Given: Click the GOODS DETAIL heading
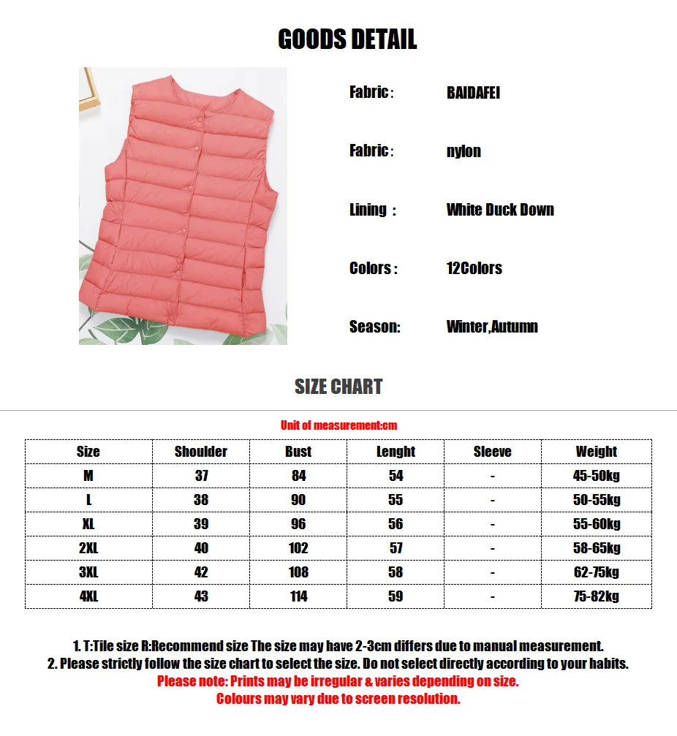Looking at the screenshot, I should [347, 39].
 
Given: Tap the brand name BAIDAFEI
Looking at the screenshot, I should [473, 93].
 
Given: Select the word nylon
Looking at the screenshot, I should [464, 151].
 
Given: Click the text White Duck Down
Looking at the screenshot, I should [500, 210].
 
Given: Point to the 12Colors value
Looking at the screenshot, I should [474, 268].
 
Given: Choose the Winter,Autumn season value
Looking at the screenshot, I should [492, 327].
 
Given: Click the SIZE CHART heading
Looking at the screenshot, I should [338, 387].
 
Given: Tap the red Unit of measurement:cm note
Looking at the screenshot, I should [338, 425].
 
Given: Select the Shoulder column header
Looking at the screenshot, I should [201, 452].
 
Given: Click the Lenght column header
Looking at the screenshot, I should [396, 452].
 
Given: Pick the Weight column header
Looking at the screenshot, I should [596, 452].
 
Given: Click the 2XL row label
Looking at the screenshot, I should [88, 548].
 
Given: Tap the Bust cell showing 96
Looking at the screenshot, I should [298, 524].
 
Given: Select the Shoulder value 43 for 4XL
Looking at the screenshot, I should [201, 596].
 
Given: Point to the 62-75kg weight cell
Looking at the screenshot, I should [596, 572].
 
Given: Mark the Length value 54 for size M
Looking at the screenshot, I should [396, 476].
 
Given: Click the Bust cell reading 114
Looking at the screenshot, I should [298, 596].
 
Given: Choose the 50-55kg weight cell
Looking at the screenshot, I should [596, 500].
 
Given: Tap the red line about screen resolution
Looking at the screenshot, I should [338, 699].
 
